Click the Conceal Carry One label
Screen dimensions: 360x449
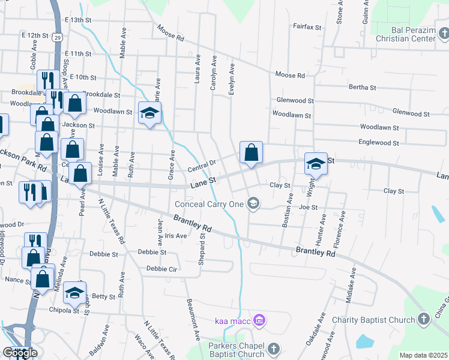click(x=209, y=204)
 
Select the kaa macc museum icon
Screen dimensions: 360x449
click(x=259, y=320)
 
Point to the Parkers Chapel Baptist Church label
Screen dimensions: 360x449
click(x=236, y=350)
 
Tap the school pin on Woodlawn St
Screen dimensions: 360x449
click(x=150, y=113)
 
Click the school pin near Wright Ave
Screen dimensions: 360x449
click(x=316, y=163)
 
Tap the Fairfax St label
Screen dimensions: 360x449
click(x=307, y=27)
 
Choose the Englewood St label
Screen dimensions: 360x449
click(x=379, y=143)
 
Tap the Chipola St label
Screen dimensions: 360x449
click(x=67, y=310)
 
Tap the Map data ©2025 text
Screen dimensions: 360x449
click(x=423, y=355)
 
